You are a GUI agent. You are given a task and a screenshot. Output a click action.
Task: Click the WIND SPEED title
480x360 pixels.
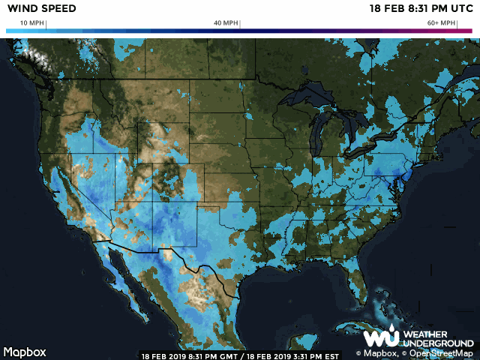[31, 8]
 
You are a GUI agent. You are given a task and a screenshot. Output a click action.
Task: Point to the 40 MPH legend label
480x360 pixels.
[226, 23]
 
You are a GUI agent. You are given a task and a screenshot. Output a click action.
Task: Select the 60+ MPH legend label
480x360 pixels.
[441, 23]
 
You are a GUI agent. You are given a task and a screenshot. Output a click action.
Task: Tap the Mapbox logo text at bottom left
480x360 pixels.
[25, 352]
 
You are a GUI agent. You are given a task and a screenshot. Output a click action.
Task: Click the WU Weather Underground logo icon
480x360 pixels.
[380, 338]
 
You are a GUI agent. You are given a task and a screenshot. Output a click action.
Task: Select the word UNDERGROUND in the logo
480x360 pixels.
[438, 343]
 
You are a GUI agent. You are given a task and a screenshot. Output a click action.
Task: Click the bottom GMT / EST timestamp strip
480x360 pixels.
[240, 355]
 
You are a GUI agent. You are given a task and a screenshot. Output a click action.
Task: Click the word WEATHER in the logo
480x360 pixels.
[425, 334]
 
